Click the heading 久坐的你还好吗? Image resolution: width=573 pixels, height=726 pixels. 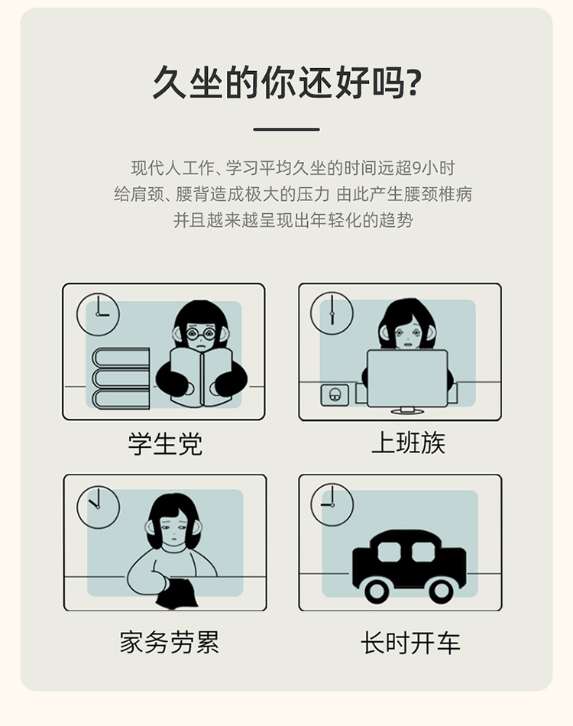286,82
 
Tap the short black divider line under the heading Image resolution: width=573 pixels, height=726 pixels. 286,130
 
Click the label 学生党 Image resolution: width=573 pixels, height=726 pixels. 165,443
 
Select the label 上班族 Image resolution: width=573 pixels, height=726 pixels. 408,442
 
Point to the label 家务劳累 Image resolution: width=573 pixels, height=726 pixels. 170,642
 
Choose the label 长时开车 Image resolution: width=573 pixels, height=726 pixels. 410,643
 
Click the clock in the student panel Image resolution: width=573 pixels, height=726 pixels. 98,314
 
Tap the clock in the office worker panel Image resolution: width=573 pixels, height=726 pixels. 332,313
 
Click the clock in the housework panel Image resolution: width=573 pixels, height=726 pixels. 98,507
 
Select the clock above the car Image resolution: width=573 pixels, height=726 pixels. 332,505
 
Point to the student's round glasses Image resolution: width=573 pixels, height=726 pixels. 201,333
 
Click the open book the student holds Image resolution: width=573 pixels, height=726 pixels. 201,378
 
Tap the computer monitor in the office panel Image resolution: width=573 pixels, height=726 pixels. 407,379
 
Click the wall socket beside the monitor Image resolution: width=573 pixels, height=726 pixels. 335,395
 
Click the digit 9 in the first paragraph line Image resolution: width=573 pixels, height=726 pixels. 416,168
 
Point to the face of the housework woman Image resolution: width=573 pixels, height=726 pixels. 173,530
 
